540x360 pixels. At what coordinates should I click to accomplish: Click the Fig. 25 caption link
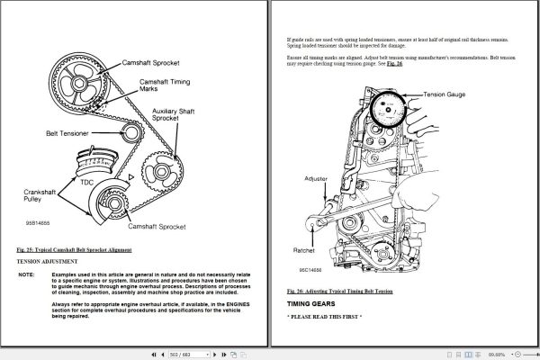(x=74, y=248)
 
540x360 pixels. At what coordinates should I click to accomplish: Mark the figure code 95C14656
(x=311, y=267)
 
